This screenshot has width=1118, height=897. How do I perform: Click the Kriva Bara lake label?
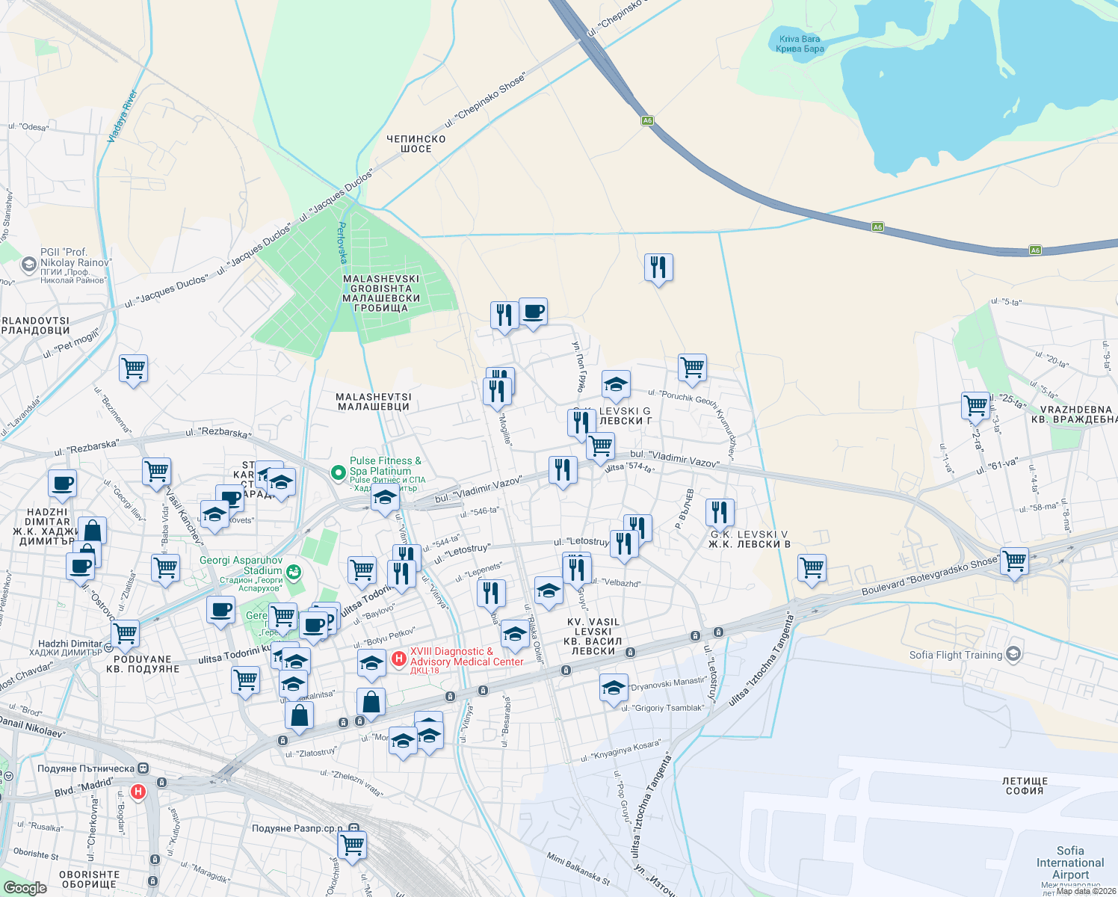point(800,44)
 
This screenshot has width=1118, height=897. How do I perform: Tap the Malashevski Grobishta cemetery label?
point(381,293)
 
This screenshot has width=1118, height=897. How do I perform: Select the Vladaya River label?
point(123,117)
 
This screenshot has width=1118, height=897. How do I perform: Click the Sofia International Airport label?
point(1070,863)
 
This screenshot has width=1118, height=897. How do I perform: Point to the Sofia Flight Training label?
point(956,655)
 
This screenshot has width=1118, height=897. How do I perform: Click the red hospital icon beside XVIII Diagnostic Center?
point(399,659)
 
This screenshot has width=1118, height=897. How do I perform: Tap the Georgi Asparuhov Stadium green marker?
point(294,573)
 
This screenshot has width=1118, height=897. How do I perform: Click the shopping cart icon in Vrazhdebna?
point(976,405)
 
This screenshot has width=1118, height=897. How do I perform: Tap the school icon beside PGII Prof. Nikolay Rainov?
point(28,264)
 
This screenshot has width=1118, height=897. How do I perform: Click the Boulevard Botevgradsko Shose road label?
point(930,576)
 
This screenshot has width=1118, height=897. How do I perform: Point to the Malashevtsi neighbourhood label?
point(374,402)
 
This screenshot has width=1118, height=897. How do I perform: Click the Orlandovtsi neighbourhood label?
point(35,326)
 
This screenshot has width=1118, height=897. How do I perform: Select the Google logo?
point(25,888)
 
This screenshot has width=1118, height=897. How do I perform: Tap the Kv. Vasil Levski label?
point(593,636)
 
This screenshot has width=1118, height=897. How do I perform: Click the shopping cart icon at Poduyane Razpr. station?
point(352,845)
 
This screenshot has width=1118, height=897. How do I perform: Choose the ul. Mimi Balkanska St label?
point(578,869)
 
